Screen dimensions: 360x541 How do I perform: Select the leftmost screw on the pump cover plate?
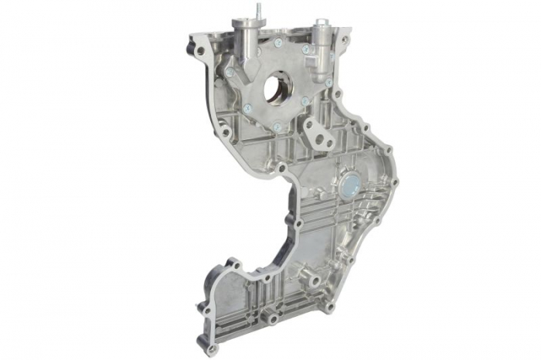pyautogui.click(x=230, y=72)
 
